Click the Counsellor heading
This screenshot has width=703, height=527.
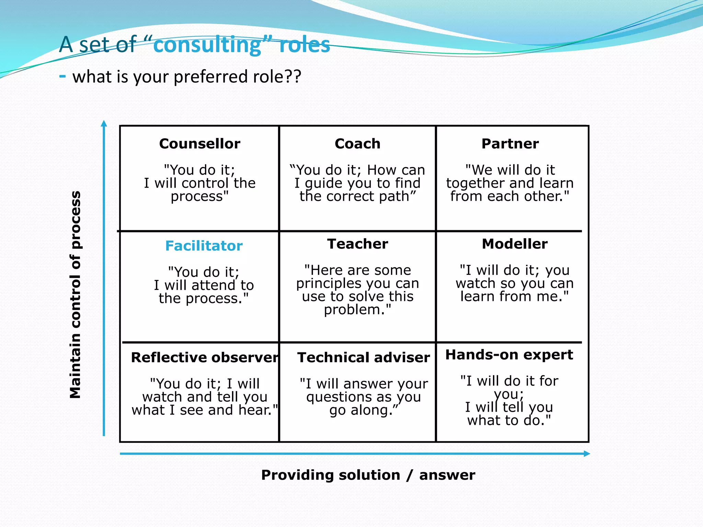pyautogui.click(x=199, y=144)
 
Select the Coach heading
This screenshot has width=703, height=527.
pyautogui.click(x=357, y=144)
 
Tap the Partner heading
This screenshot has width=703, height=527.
pyautogui.click(x=510, y=144)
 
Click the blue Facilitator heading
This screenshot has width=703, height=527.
pyautogui.click(x=204, y=246)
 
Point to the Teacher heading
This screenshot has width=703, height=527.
pyautogui.click(x=357, y=244)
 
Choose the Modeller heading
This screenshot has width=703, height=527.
pyautogui.click(x=515, y=244)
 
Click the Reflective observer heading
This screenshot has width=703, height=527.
pyautogui.click(x=205, y=358)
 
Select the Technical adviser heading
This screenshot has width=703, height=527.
pyautogui.click(x=363, y=358)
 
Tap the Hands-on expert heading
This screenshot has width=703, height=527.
pyautogui.click(x=509, y=355)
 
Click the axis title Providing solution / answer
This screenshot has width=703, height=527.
pyautogui.click(x=368, y=475)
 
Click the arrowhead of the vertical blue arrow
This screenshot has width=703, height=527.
pyautogui.click(x=104, y=123)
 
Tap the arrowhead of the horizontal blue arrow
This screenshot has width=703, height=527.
pyautogui.click(x=587, y=454)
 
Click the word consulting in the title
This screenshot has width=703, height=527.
pyautogui.click(x=207, y=45)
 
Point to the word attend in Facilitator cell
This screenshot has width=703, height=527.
pyautogui.click(x=213, y=285)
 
